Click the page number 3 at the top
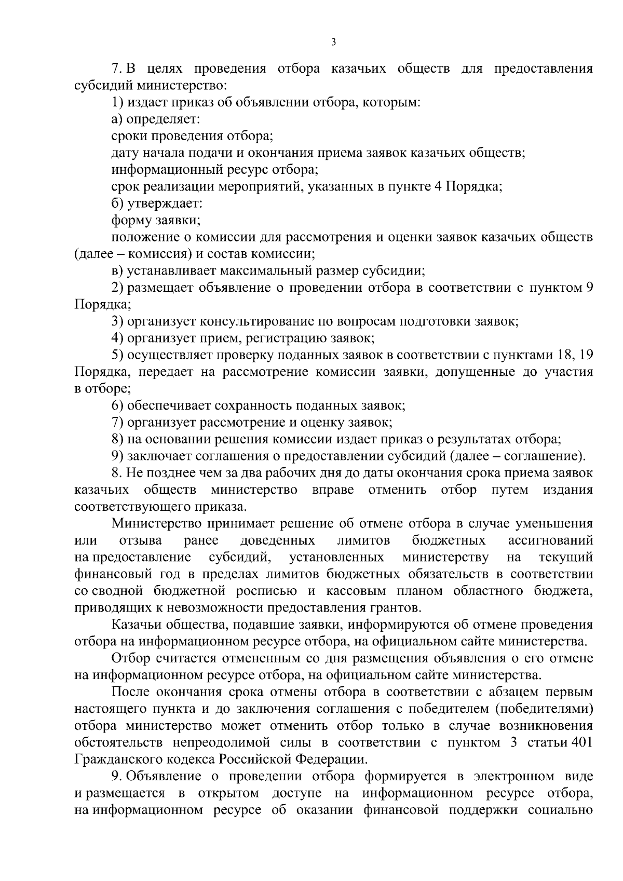tap(333, 42)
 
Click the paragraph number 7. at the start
tap(117, 69)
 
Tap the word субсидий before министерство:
tap(99, 86)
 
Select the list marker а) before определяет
tap(118, 119)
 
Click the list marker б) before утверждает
tap(118, 204)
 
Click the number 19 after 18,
tap(585, 355)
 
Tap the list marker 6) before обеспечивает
tap(117, 405)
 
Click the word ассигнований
tap(550, 540)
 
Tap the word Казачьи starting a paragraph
tap(137, 625)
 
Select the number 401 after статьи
tap(581, 742)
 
